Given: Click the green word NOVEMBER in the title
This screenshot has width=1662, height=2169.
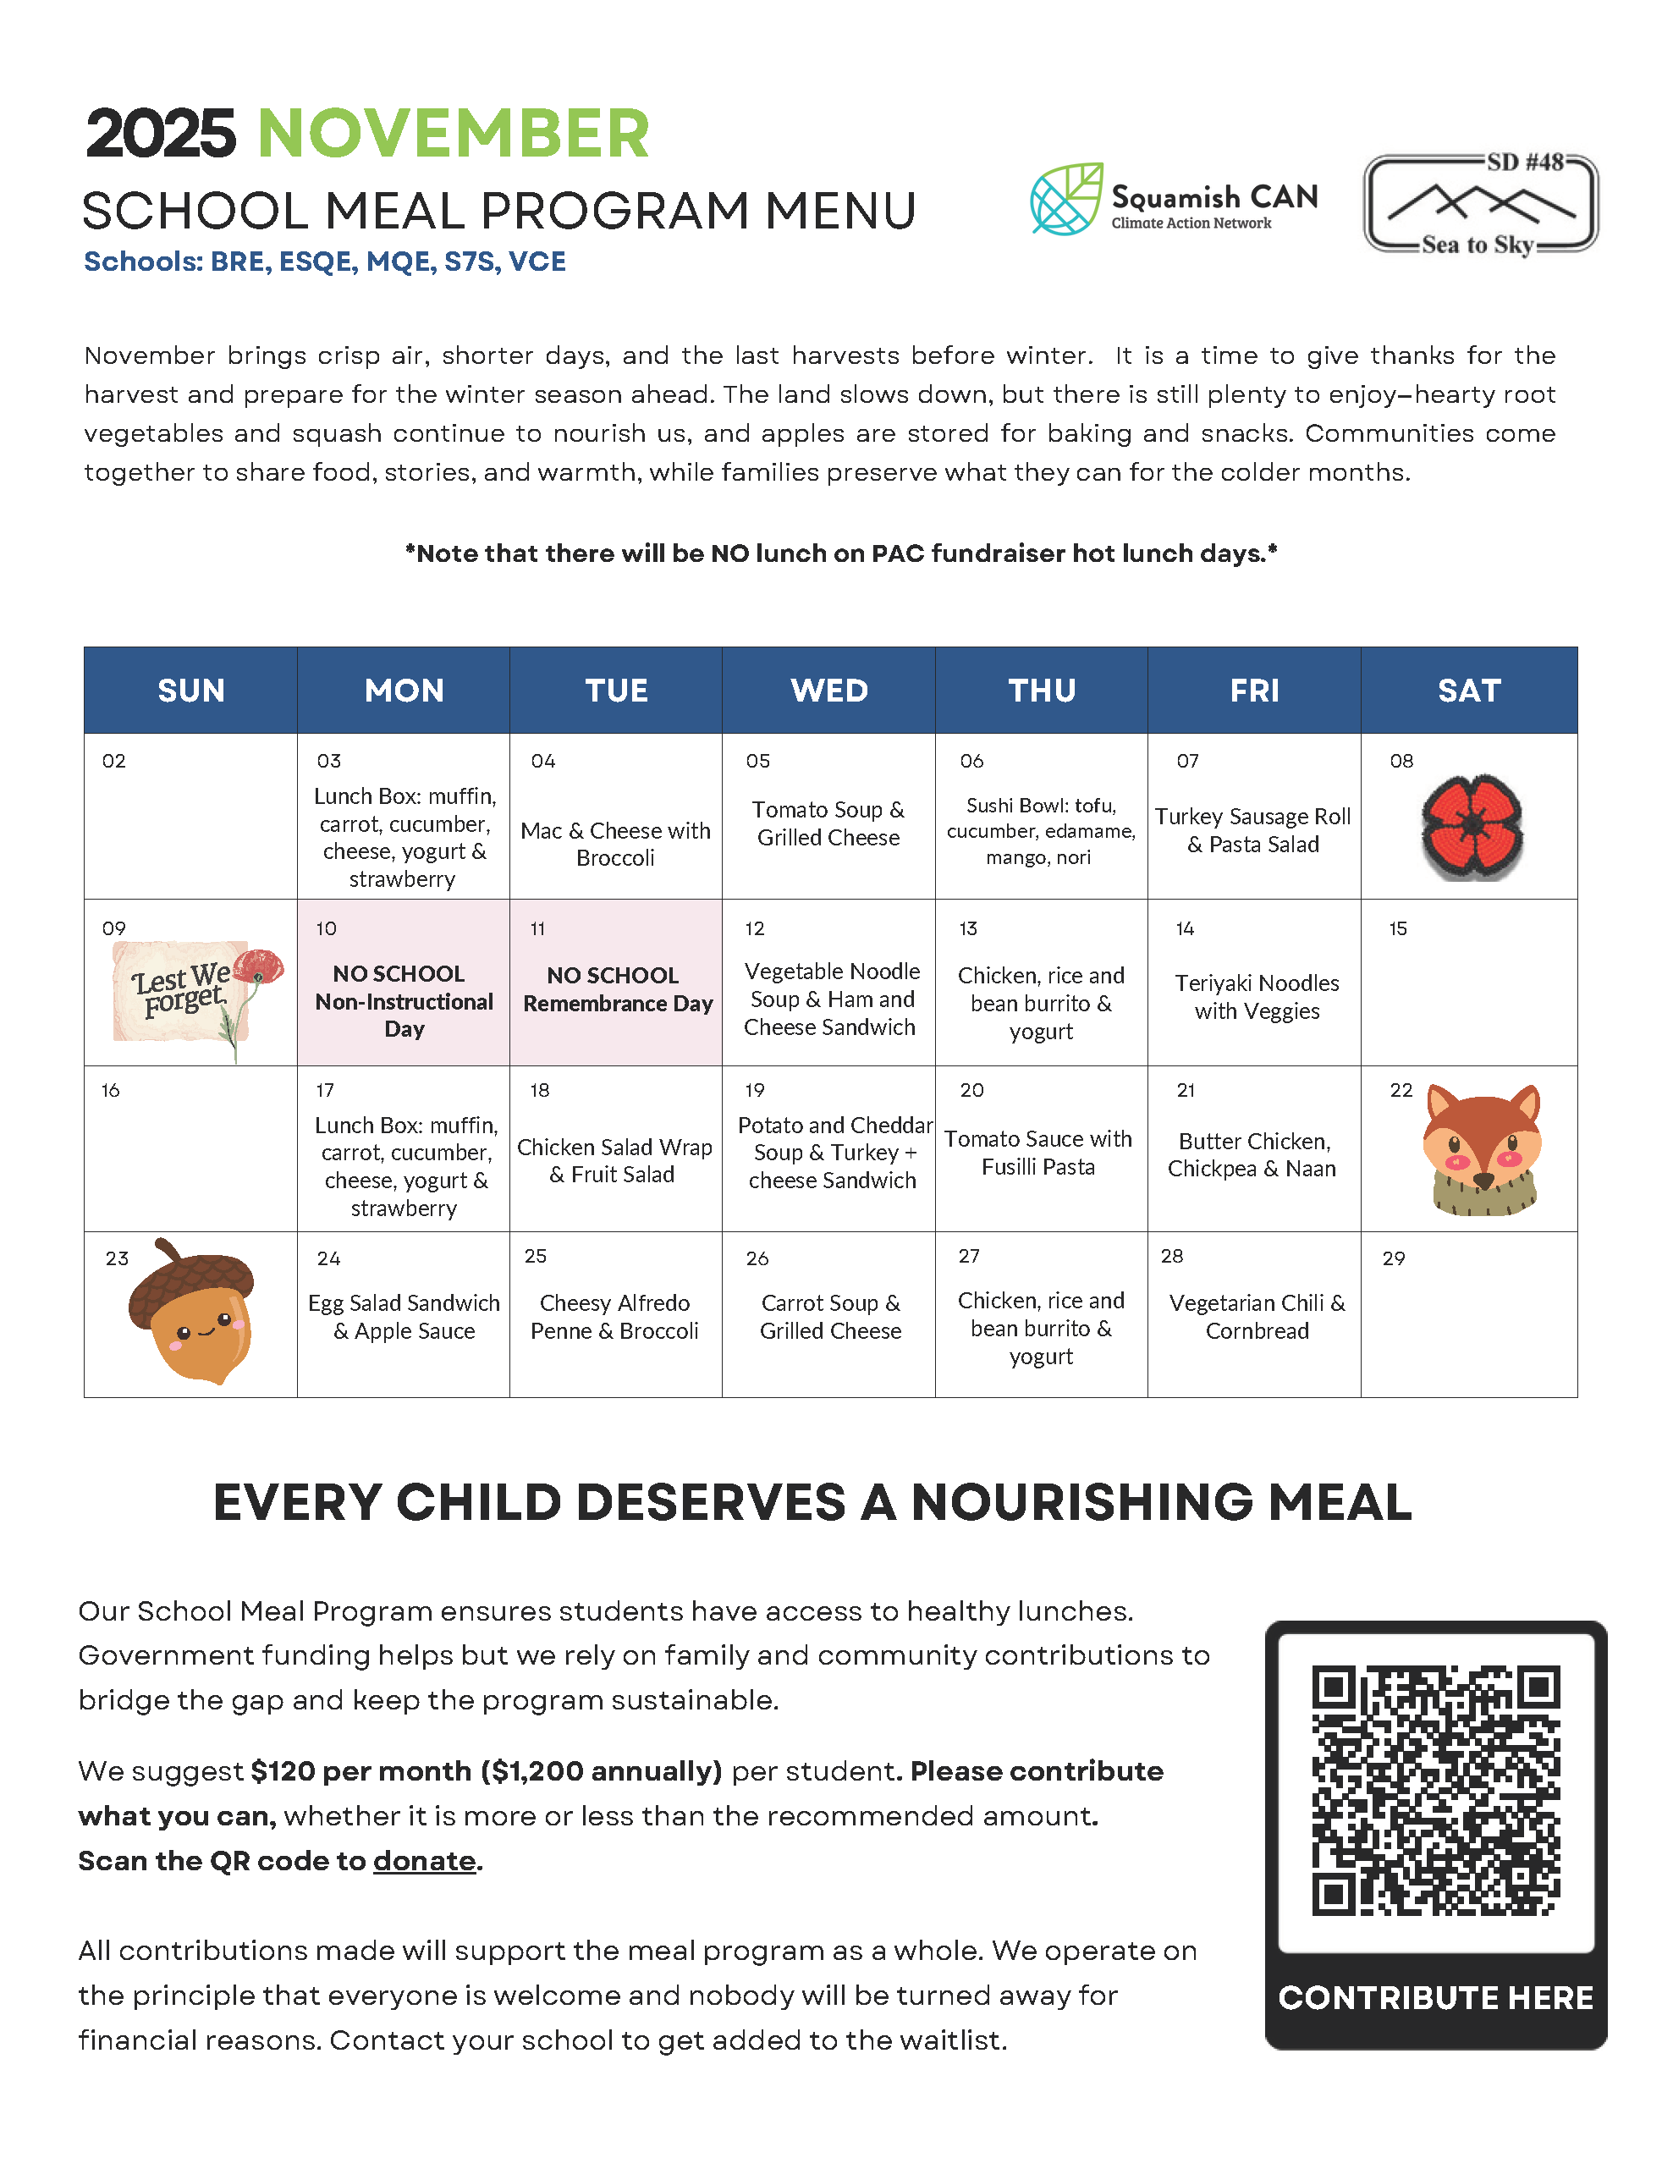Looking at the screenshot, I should pyautogui.click(x=453, y=134).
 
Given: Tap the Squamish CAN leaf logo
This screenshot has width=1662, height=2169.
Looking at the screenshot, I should pyautogui.click(x=1065, y=199).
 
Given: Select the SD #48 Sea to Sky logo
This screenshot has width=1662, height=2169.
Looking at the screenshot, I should pyautogui.click(x=1480, y=204).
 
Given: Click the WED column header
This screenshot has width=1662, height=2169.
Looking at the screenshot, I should pyautogui.click(x=829, y=691).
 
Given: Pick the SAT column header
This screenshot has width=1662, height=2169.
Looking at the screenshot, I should pyautogui.click(x=1468, y=691).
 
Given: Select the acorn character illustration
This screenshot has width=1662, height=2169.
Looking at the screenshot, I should pyautogui.click(x=193, y=1312).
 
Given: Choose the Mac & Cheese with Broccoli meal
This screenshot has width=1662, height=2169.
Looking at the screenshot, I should pyautogui.click(x=615, y=844).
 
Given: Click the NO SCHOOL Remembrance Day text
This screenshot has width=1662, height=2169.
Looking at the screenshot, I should pyautogui.click(x=616, y=989).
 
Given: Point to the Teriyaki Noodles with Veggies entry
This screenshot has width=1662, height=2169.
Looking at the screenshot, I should pyautogui.click(x=1257, y=996).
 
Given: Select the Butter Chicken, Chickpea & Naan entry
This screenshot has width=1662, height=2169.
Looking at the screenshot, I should pyautogui.click(x=1252, y=1154).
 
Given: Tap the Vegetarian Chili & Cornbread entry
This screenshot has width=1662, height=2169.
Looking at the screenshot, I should pyautogui.click(x=1257, y=1317).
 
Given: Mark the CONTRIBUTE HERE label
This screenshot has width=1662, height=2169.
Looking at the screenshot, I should pyautogui.click(x=1435, y=1997).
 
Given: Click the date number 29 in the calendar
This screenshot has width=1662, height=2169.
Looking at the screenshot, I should pyautogui.click(x=1394, y=1258).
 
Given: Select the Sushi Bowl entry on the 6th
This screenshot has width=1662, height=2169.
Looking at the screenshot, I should pyautogui.click(x=1040, y=831).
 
